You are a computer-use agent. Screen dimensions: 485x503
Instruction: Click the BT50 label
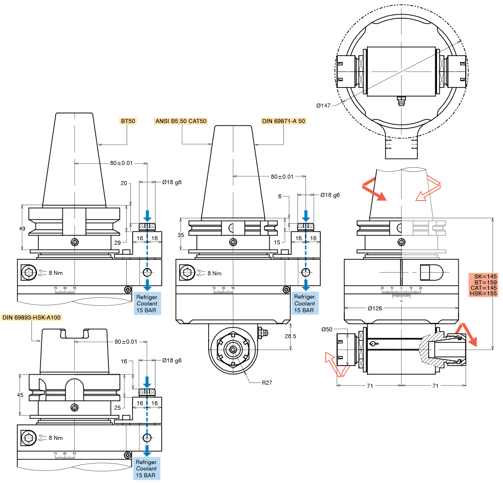(128, 121)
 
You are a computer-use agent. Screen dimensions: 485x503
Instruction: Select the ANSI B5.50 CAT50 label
(181, 121)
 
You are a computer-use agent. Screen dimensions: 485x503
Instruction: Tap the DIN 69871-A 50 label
(283, 121)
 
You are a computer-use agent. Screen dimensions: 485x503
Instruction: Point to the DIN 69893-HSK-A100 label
(31, 317)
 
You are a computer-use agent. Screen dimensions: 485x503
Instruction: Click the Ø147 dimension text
(323, 106)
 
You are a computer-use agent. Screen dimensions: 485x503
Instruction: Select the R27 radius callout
(267, 382)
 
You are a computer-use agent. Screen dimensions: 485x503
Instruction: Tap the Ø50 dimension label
(327, 329)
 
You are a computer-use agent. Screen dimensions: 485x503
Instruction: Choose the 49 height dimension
(22, 228)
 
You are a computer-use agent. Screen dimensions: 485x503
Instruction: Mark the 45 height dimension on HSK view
(20, 395)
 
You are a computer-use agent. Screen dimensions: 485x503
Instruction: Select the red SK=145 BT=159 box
(485, 285)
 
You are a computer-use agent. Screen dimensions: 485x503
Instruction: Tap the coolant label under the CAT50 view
(304, 304)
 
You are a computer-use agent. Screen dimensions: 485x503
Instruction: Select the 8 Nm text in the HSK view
(55, 438)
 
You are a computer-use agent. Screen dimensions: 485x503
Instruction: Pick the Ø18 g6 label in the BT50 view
(172, 182)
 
